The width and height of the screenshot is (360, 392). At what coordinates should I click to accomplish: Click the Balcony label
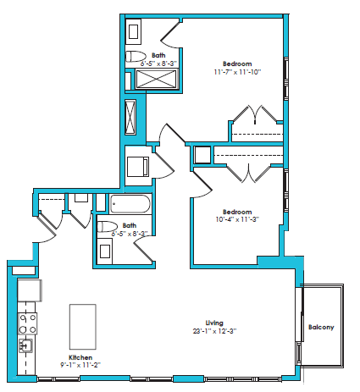click(x=320, y=328)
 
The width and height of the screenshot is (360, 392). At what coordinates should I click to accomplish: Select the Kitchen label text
click(x=82, y=357)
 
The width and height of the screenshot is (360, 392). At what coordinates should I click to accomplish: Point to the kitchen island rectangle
click(x=82, y=323)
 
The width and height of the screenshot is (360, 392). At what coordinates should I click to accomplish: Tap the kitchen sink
click(x=25, y=346)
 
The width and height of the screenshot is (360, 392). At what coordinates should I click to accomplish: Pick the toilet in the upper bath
click(x=136, y=58)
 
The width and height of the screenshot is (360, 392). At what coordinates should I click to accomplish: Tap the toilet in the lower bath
click(x=106, y=226)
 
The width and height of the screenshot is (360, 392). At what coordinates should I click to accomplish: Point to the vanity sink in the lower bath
click(x=105, y=251)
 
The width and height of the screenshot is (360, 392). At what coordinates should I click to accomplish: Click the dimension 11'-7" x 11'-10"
click(x=237, y=73)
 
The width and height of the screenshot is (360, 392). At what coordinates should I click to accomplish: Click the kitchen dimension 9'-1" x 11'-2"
click(x=82, y=366)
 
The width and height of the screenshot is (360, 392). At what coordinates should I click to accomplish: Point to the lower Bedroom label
click(x=237, y=212)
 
